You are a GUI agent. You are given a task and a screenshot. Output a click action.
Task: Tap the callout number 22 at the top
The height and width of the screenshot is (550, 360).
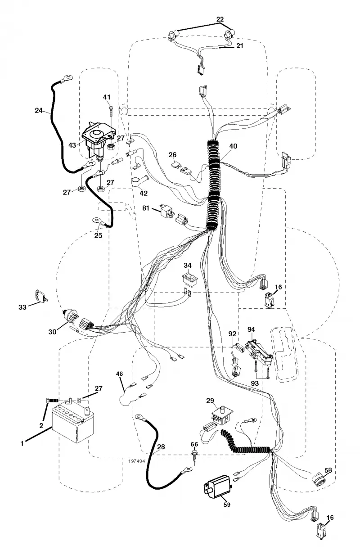click(x=220, y=19)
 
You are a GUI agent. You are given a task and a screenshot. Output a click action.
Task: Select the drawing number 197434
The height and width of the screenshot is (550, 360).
click(x=136, y=461)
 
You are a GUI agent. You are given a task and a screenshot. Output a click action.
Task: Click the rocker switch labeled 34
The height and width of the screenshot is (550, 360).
click(x=190, y=279)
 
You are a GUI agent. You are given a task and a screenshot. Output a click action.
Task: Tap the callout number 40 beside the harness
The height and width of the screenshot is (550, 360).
click(x=233, y=146)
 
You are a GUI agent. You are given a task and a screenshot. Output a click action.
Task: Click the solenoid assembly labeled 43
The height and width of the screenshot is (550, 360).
click(x=96, y=141)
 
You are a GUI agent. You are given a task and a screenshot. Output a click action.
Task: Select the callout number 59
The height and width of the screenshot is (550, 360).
click(x=227, y=505)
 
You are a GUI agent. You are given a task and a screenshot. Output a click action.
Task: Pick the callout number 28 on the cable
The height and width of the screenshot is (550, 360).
click(x=161, y=447)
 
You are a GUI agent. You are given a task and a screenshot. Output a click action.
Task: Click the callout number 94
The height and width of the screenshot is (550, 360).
click(x=251, y=329)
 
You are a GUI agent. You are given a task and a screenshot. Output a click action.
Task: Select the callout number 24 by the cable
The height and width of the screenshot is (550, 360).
click(x=39, y=110)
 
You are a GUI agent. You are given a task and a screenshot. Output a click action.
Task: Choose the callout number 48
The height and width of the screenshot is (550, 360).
click(x=119, y=374)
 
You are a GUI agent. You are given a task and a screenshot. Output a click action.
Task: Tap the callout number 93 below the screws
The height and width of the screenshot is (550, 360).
click(x=255, y=383)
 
